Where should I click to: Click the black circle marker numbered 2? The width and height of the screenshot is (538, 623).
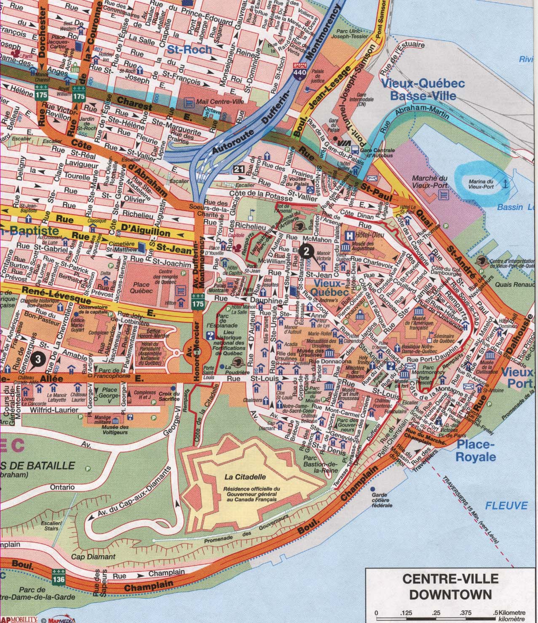307,252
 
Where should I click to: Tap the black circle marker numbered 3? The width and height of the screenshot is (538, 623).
38,359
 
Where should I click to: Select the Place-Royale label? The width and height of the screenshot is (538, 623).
476,450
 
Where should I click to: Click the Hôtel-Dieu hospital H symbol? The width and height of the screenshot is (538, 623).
349,236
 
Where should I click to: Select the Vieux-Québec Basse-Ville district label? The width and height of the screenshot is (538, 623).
423,89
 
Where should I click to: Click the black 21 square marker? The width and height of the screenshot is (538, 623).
239,169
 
